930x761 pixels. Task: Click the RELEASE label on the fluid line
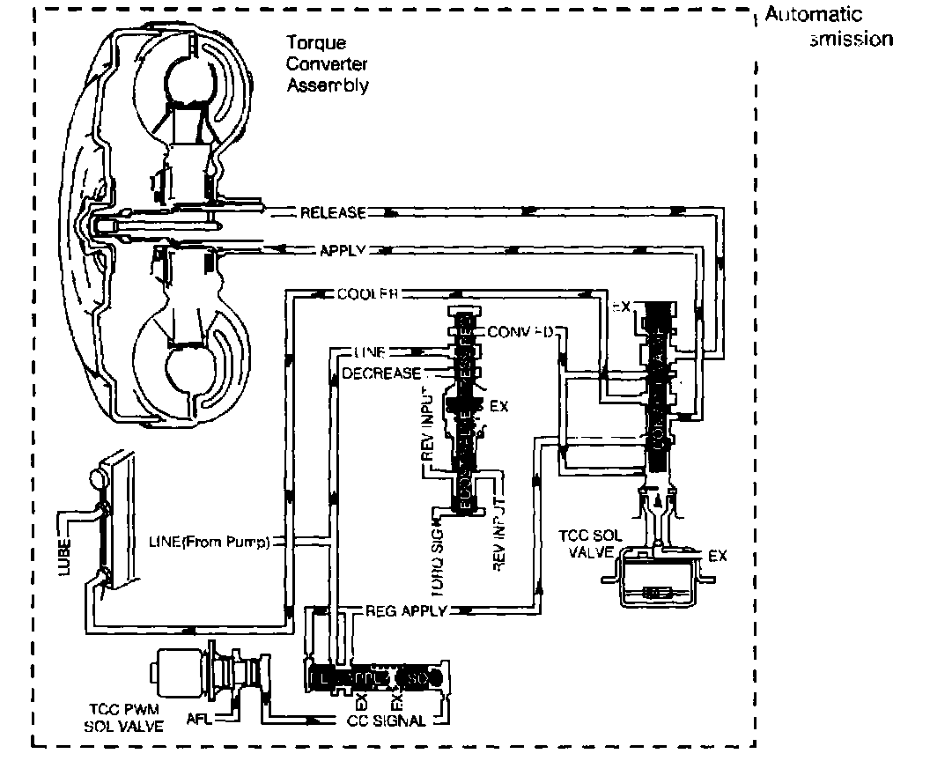[332, 213]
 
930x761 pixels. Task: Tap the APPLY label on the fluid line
[342, 250]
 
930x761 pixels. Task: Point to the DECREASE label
[381, 373]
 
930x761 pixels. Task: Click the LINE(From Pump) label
[209, 541]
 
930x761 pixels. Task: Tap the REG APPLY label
[406, 610]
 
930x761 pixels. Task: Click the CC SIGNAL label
[388, 720]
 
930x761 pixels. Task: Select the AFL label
[199, 717]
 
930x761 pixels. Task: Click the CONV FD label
[520, 332]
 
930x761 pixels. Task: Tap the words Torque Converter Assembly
[327, 63]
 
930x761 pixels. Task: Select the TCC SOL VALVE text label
[591, 543]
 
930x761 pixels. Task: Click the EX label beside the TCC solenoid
[718, 557]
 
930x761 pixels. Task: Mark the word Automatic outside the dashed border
[814, 15]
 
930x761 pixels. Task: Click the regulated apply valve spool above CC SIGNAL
[380, 678]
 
